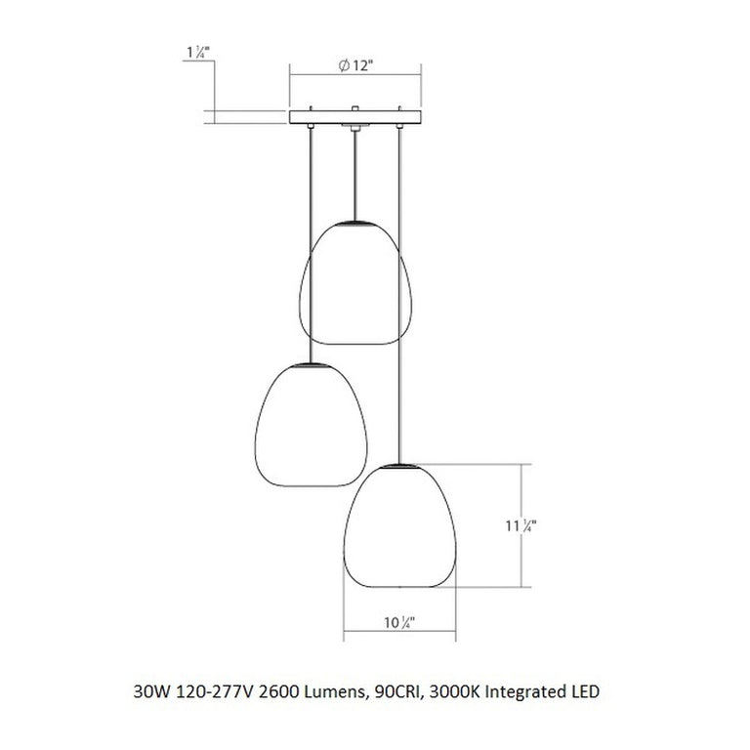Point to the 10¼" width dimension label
[x=400, y=621]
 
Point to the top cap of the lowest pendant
[x=400, y=467]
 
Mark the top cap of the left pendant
[x=311, y=364]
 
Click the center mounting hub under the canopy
[x=354, y=128]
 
